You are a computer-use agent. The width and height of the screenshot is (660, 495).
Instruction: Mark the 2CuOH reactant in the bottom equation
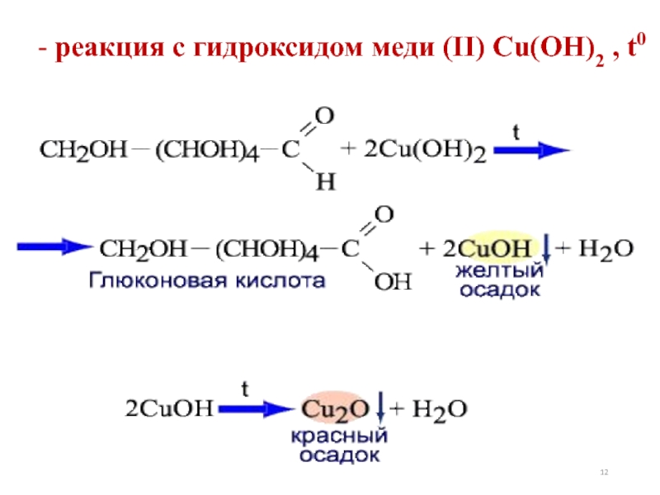[169, 408]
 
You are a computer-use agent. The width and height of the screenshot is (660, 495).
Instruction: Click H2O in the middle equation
[601, 247]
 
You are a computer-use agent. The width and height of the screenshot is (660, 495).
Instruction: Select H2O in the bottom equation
[438, 408]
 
